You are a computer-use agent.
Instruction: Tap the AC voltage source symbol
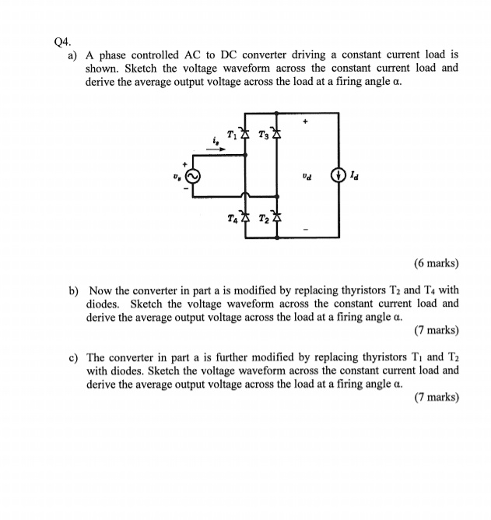[191, 176]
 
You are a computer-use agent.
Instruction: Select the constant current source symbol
[339, 175]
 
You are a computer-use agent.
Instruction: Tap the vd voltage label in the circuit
[308, 176]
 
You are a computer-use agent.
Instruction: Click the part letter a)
[73, 55]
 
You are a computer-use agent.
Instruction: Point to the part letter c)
[73, 357]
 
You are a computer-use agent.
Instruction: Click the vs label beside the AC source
[177, 176]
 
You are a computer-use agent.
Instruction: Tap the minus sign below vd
[305, 230]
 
